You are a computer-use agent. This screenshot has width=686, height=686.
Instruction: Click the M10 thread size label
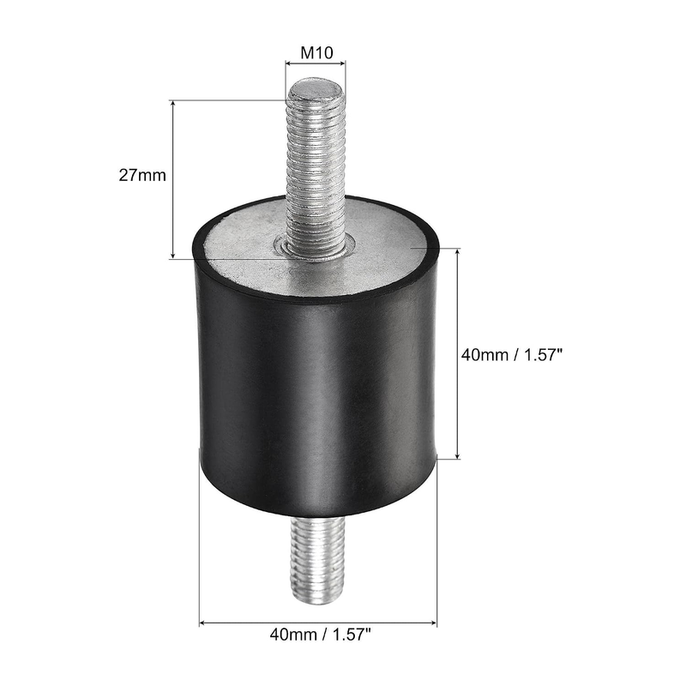(x=316, y=53)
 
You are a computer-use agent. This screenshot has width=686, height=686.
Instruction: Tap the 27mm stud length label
(x=142, y=175)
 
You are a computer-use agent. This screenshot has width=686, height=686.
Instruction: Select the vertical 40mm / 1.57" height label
(x=511, y=355)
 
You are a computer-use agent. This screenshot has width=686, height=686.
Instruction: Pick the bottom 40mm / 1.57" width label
(x=320, y=634)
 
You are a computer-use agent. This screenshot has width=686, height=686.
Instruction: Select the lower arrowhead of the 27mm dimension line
(x=173, y=254)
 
